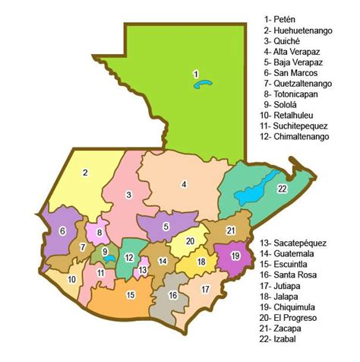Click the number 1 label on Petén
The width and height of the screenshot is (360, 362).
(x=196, y=74)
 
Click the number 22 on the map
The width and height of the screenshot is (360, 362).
(x=283, y=189)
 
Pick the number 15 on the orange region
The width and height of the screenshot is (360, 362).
(x=131, y=295)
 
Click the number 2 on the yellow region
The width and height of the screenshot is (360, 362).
(x=86, y=173)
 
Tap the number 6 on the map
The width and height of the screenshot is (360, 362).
(x=62, y=231)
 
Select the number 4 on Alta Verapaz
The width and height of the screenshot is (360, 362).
(x=184, y=184)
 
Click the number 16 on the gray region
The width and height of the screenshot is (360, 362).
(x=173, y=295)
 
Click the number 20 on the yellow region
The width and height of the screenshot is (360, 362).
(x=191, y=241)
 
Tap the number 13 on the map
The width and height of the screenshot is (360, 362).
(x=142, y=270)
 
